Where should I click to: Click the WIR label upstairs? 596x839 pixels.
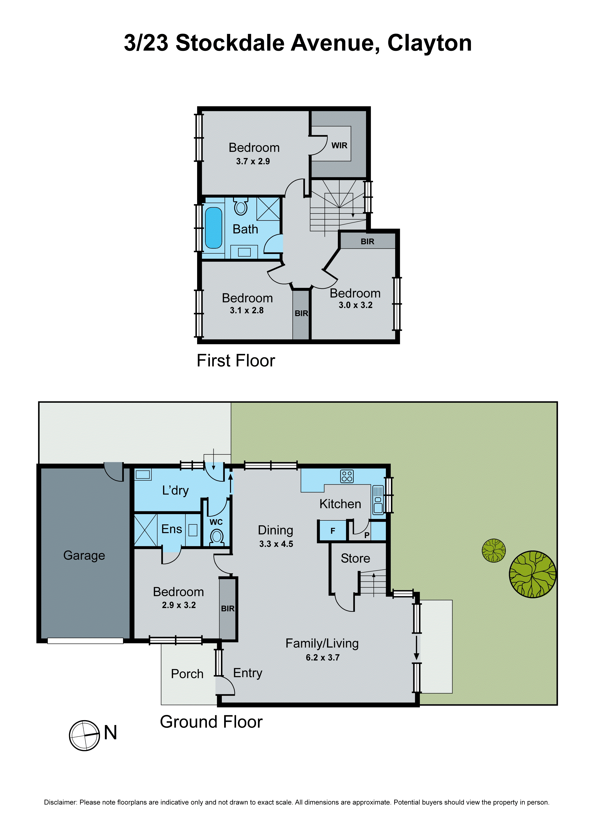tap(339, 145)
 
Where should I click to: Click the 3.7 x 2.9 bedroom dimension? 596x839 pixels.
tap(253, 161)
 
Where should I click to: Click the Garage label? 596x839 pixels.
tap(84, 555)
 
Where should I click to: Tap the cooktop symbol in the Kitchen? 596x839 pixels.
tap(346, 476)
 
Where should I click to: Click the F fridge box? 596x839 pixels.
tap(332, 531)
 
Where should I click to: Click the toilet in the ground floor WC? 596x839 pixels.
tap(217, 538)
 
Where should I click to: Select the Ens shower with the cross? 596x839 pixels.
tap(145, 531)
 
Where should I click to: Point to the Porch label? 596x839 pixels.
tap(187, 674)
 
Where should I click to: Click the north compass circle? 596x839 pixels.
tap(84, 736)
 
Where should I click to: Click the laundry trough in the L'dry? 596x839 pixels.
tap(143, 475)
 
